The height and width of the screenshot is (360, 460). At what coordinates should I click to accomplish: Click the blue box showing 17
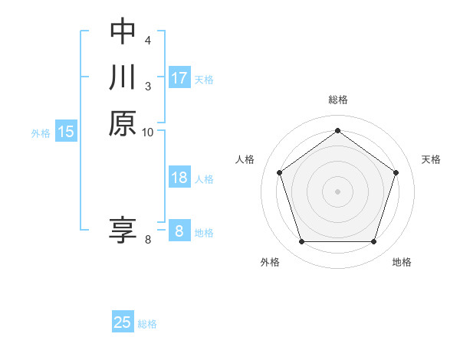[179, 78]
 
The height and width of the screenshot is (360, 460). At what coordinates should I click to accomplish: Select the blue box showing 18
[179, 178]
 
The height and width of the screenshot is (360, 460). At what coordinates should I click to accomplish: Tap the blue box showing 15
[66, 132]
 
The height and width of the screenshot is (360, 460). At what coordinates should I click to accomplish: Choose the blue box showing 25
[123, 322]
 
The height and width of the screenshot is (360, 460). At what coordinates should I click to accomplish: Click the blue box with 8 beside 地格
[179, 231]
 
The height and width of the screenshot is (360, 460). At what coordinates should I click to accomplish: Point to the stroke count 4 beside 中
[148, 39]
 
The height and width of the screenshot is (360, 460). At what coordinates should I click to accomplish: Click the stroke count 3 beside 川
[148, 85]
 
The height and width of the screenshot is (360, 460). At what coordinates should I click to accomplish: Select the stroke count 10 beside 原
[148, 132]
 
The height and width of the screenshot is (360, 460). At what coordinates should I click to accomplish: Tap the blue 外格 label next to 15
[41, 133]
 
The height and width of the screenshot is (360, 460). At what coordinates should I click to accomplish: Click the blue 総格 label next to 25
[147, 324]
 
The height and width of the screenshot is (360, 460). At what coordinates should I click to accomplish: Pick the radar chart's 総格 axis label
[338, 100]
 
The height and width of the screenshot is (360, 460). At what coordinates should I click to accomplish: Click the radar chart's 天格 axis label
[432, 159]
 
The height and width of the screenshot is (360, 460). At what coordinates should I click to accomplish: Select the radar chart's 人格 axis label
[245, 159]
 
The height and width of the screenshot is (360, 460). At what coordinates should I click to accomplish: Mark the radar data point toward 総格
[337, 131]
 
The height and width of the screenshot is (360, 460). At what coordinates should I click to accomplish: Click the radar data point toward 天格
[396, 172]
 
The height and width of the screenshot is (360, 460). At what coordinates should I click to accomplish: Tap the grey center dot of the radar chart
[337, 191]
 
